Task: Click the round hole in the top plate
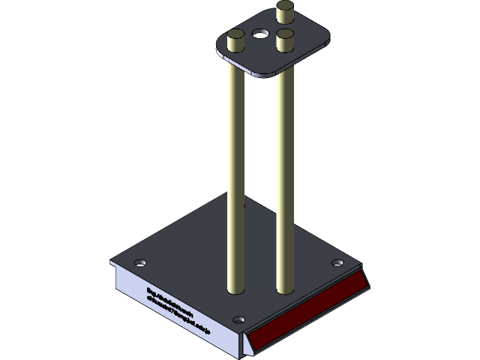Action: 260,34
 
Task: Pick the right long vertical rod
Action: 284,172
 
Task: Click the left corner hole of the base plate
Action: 139,263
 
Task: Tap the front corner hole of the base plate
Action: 238,319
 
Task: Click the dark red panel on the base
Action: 307,310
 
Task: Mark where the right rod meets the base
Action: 285,288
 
